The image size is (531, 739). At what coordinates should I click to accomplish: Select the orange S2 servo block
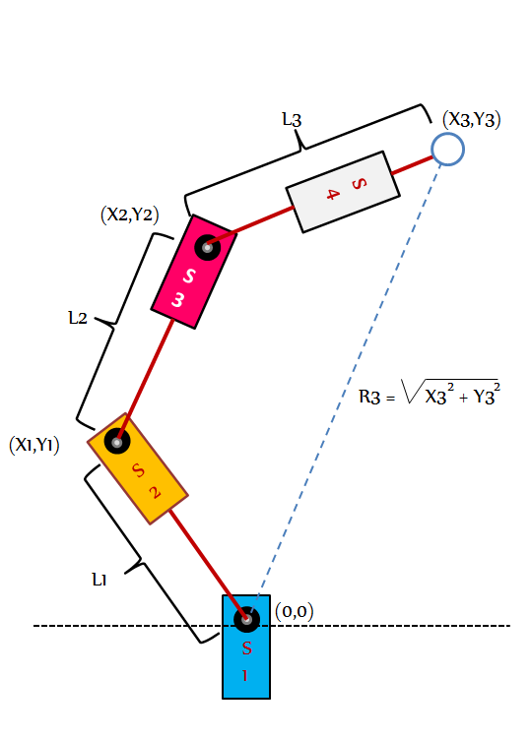click(x=138, y=468)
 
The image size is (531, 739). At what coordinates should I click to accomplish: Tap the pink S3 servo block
click(x=193, y=272)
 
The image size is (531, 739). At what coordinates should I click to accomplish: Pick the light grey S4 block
click(x=343, y=192)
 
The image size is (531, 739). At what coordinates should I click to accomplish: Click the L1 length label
click(x=100, y=580)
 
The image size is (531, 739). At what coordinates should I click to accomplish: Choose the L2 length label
click(x=78, y=318)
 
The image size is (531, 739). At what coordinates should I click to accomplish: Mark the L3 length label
click(x=292, y=119)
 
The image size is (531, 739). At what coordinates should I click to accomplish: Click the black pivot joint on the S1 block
click(x=246, y=619)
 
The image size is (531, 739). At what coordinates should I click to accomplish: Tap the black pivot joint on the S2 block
click(x=117, y=442)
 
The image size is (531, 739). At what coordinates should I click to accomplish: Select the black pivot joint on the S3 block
click(x=207, y=247)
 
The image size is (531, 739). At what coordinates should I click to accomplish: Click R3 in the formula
click(x=369, y=397)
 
